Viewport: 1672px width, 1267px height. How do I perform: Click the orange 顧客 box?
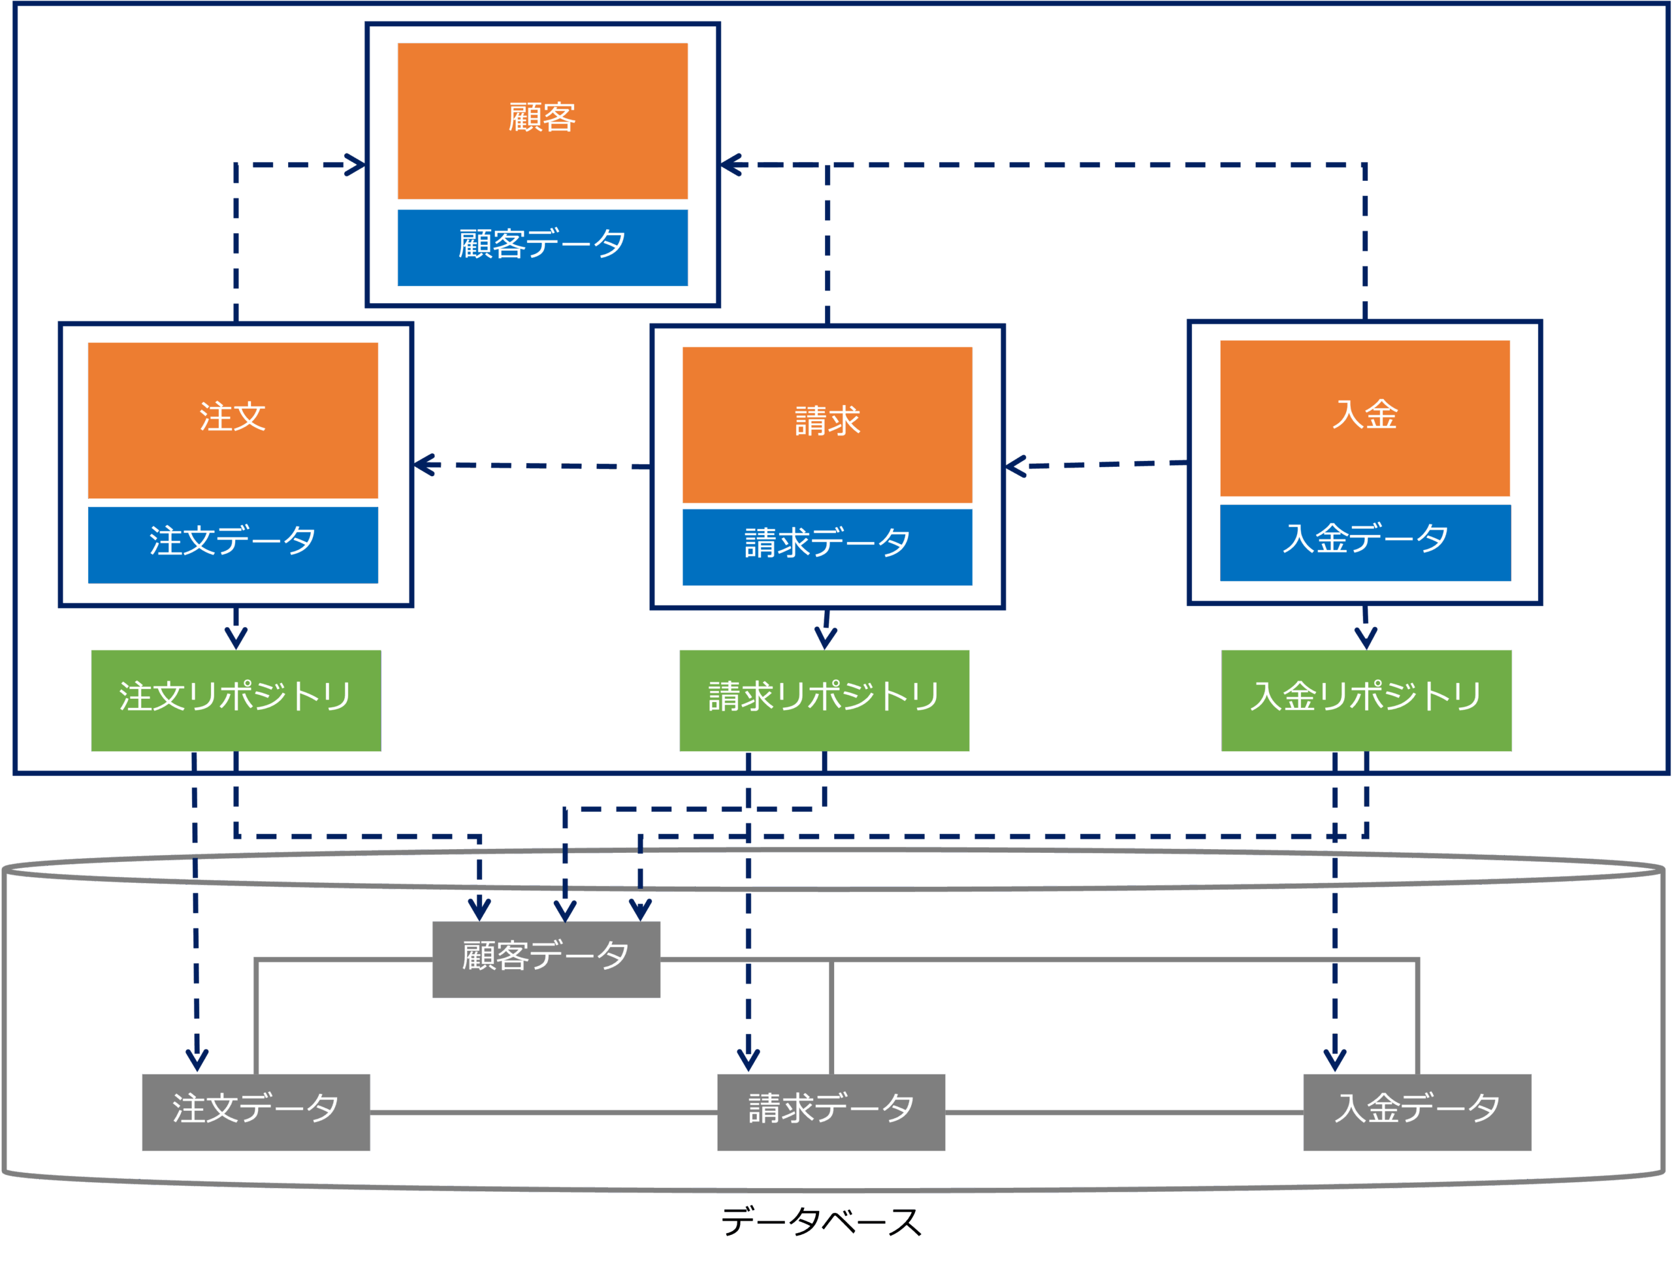543,121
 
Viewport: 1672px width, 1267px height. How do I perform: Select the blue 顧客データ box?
543,248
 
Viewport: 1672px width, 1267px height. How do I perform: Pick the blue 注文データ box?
233,544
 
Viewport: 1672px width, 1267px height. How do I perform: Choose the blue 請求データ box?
827,547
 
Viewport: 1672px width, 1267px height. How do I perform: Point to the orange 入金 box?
1364,418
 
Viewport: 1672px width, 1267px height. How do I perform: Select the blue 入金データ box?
1364,542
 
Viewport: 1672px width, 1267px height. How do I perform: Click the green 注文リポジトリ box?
236,700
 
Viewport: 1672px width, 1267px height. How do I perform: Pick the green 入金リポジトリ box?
1366,700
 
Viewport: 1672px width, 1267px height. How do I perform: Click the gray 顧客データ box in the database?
547,959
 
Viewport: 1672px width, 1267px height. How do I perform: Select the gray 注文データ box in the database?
256,1112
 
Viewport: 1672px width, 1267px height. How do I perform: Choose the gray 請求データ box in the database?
831,1112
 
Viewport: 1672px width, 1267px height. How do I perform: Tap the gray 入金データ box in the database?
1417,1112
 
